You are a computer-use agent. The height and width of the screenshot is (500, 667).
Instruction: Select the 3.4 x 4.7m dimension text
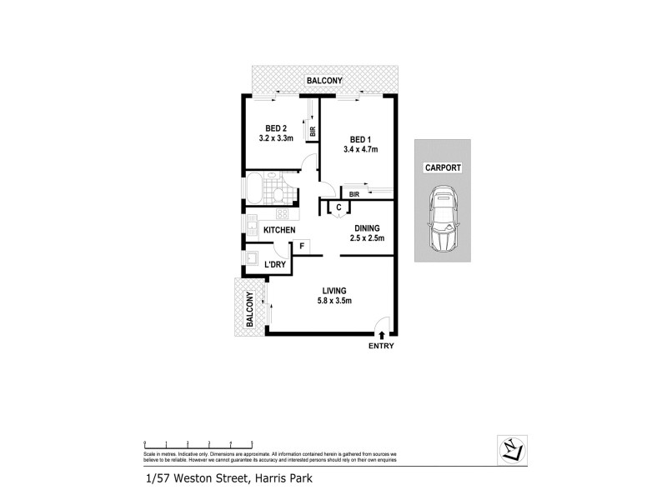click(360, 150)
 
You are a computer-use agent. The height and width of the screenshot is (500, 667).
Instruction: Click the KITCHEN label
click(279, 229)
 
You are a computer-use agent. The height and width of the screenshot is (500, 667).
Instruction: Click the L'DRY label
click(275, 265)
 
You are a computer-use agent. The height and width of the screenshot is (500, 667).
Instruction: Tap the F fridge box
click(300, 247)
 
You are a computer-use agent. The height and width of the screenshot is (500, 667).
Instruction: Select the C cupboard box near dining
click(339, 207)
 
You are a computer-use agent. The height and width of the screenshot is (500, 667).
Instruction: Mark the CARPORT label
click(443, 167)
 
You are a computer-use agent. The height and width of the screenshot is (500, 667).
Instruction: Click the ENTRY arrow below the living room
click(381, 335)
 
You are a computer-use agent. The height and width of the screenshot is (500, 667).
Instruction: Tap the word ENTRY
click(380, 346)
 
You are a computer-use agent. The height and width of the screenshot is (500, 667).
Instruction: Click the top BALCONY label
click(324, 81)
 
